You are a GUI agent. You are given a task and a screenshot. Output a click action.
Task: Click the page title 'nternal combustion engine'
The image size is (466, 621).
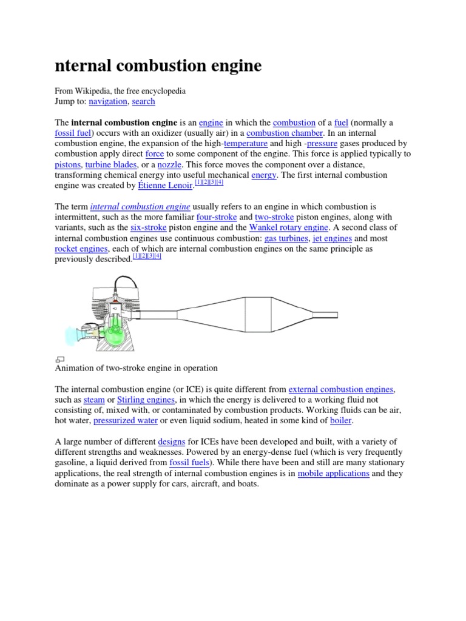click(x=158, y=65)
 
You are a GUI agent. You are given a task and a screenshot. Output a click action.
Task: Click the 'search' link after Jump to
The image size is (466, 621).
click(x=143, y=101)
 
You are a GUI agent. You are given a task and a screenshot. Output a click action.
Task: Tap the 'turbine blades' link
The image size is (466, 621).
click(x=111, y=164)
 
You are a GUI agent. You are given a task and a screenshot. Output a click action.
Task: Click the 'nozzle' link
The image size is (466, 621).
click(x=169, y=164)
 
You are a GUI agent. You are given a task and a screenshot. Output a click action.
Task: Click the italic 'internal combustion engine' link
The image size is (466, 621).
click(x=140, y=206)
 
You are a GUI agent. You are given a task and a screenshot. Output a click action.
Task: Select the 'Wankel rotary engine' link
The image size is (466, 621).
click(x=289, y=227)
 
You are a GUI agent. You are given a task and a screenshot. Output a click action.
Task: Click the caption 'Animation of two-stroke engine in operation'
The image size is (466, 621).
click(x=136, y=368)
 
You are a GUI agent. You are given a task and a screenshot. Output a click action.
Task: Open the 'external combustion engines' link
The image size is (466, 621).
click(x=342, y=389)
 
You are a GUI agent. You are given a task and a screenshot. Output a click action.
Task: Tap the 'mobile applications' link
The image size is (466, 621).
click(x=333, y=473)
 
